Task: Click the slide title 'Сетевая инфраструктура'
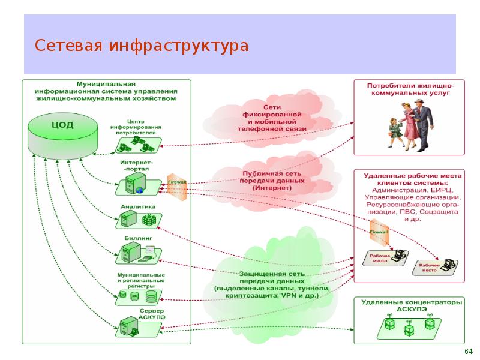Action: click(x=141, y=46)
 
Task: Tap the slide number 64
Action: click(x=469, y=351)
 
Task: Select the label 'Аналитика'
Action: click(x=138, y=206)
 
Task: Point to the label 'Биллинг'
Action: click(x=138, y=238)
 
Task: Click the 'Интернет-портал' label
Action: click(x=137, y=166)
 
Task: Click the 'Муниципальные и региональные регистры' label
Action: click(x=141, y=280)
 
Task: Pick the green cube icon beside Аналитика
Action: click(x=148, y=220)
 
